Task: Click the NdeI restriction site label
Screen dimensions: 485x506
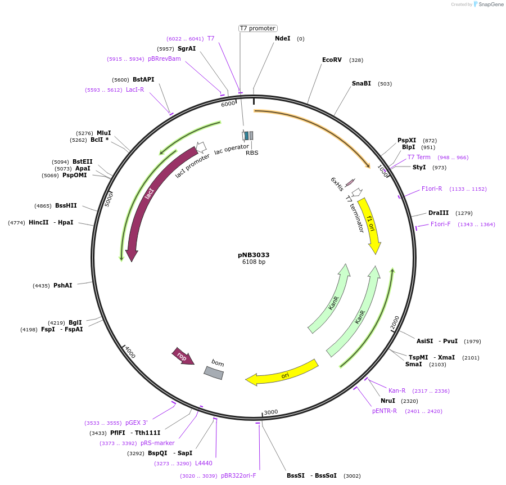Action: coord(282,38)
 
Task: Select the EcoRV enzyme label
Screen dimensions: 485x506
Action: coord(332,60)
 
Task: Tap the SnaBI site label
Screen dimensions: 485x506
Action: coord(362,83)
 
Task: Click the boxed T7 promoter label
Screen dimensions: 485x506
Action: coord(257,28)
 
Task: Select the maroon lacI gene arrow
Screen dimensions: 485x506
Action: coord(147,197)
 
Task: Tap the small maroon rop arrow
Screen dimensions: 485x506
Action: coord(183,356)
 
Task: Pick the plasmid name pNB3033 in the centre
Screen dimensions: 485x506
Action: coord(254,254)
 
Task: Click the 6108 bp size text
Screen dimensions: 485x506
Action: coord(254,262)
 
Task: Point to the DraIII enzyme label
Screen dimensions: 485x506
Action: coord(439,213)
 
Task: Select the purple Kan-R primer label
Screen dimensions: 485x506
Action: coord(397,390)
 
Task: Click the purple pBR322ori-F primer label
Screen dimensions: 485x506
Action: coord(238,475)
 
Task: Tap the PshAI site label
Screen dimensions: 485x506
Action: coord(62,285)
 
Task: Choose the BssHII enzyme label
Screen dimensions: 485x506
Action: coord(66,205)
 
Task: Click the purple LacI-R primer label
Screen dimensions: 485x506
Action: coord(135,89)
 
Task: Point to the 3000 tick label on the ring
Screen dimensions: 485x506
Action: coord(271,412)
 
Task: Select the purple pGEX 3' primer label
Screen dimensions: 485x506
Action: coord(137,423)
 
